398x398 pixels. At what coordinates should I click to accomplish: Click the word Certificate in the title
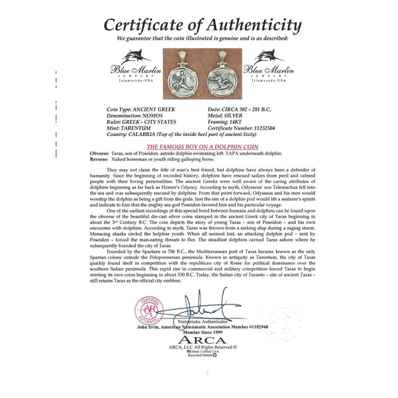[144, 25]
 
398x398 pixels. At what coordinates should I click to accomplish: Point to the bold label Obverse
[99, 153]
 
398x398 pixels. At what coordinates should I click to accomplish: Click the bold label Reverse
[99, 159]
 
